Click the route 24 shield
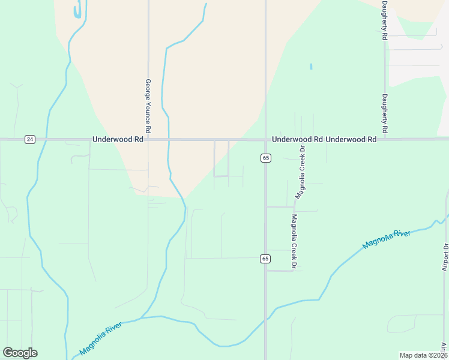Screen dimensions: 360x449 [x=30, y=139]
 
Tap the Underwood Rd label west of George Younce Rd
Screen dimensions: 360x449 [x=118, y=139]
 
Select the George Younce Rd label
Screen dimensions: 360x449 [x=148, y=106]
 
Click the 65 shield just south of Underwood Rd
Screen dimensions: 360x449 [x=266, y=158]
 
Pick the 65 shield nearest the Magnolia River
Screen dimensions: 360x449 [x=265, y=259]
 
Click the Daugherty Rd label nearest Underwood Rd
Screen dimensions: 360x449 [x=385, y=114]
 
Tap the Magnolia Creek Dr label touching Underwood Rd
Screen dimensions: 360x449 [x=300, y=172]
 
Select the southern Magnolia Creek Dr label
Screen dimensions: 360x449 [x=295, y=241]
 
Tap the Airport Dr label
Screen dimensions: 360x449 [x=445, y=257]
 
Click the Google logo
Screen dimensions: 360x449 [x=20, y=353]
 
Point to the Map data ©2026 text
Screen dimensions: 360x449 [x=423, y=355]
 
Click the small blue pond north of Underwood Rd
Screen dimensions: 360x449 [x=311, y=66]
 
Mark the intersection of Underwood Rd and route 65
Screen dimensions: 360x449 [x=265, y=139]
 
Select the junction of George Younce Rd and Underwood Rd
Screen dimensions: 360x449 [x=148, y=139]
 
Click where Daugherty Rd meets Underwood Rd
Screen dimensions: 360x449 [x=385, y=139]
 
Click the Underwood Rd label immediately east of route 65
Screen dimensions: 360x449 [x=297, y=139]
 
